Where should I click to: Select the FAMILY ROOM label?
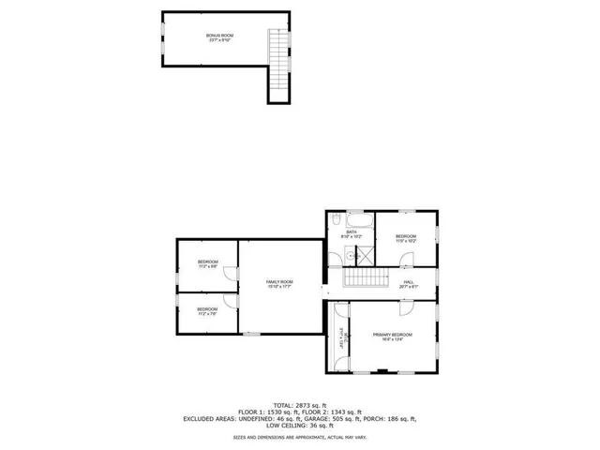[279, 284]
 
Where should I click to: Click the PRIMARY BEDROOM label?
[392, 337]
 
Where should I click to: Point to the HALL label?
[409, 283]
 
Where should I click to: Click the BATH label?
[352, 232]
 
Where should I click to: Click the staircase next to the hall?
[366, 279]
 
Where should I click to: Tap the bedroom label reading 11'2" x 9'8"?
[207, 263]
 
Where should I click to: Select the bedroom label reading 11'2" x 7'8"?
[207, 310]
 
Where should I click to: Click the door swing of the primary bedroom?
[407, 308]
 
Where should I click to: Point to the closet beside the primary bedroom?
[340, 338]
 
